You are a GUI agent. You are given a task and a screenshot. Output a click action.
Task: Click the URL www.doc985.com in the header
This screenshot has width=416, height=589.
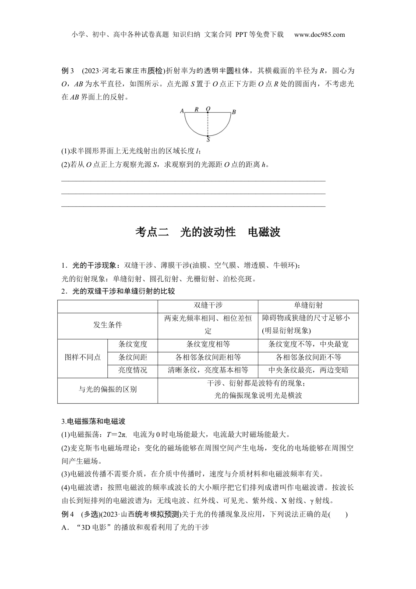click(319, 35)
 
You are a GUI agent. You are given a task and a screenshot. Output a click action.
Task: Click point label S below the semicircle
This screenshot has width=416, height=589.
click(208, 140)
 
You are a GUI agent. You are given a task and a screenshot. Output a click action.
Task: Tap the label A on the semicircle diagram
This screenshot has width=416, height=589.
click(181, 111)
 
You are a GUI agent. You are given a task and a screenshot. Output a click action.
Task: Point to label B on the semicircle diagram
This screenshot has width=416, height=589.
click(234, 112)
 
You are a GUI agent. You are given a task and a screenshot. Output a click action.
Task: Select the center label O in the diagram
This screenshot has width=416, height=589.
click(208, 108)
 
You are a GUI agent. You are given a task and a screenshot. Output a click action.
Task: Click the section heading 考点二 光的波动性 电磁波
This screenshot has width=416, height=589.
click(208, 232)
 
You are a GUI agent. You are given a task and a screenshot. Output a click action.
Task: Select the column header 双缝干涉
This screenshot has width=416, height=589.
click(208, 306)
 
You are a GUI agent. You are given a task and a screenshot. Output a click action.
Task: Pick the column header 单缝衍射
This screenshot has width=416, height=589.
click(308, 306)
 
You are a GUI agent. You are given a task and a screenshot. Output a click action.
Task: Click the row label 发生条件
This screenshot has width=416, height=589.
click(107, 325)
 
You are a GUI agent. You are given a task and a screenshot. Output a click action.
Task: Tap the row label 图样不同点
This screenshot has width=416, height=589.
click(82, 357)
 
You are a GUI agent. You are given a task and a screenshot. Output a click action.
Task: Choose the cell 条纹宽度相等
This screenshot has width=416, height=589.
click(208, 344)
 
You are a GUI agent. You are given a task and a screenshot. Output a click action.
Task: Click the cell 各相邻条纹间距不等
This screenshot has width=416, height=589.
click(308, 357)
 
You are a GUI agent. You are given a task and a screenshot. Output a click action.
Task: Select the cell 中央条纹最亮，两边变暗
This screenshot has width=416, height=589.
click(308, 370)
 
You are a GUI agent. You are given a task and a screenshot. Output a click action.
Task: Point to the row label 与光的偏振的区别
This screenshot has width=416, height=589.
click(107, 389)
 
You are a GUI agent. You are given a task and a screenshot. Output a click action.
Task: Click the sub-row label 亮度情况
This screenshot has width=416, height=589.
click(132, 370)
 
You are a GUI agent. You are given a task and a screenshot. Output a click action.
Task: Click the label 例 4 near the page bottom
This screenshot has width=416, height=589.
click(69, 514)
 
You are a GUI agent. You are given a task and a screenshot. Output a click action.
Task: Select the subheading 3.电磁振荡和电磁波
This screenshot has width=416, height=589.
click(93, 422)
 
